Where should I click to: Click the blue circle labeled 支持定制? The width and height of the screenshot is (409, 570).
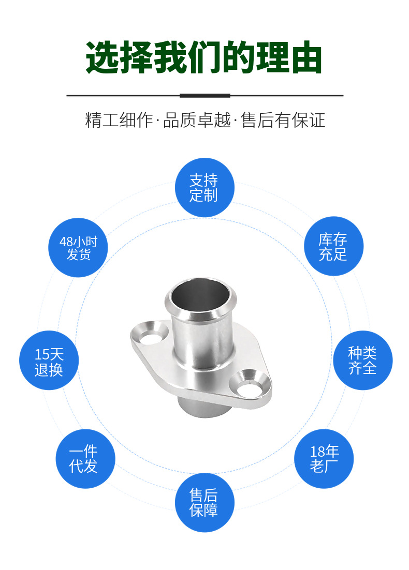coord(204,187)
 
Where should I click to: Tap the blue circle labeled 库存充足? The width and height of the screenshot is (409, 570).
coord(333,246)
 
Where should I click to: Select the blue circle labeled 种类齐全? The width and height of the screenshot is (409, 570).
coord(362,361)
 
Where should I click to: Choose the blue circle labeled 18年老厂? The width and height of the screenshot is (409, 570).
coord(324,458)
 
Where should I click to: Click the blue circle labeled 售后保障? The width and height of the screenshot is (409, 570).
coord(204,502)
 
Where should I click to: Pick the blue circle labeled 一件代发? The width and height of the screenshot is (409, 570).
coord(84,458)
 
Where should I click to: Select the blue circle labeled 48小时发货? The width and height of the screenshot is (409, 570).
coord(78,247)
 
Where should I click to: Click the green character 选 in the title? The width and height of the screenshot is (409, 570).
coord(103,57)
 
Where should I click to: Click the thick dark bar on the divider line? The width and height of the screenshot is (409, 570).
coord(204,96)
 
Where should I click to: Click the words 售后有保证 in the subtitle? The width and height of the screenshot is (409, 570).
coord(283,121)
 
